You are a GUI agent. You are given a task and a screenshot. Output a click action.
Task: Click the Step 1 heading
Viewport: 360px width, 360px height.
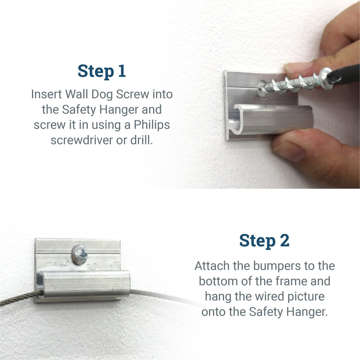tap(102, 71)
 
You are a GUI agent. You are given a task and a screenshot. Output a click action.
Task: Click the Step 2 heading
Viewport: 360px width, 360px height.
tap(264, 241)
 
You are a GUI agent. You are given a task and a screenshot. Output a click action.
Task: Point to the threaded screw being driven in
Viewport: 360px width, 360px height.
tap(288, 82)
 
